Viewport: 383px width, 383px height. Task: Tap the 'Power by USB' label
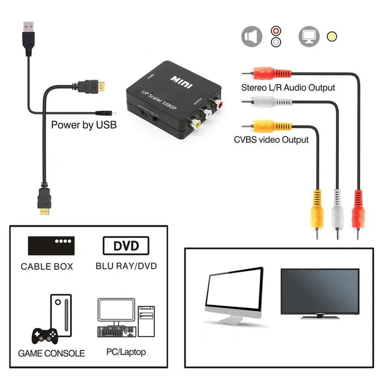click(x=84, y=124)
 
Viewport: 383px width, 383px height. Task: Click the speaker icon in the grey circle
click(x=251, y=37)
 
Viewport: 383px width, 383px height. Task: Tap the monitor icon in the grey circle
click(x=309, y=36)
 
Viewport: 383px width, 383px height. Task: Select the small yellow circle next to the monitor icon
click(x=332, y=36)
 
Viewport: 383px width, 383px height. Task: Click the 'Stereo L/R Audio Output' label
click(x=288, y=88)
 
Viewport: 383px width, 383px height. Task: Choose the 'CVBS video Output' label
click(x=271, y=140)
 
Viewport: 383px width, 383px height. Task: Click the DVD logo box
click(x=126, y=246)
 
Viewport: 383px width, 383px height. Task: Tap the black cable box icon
click(x=51, y=245)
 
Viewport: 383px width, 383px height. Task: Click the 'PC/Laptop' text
click(x=126, y=352)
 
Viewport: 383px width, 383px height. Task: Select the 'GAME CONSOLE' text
click(x=51, y=353)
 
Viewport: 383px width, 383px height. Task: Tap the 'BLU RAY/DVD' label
click(x=126, y=265)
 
